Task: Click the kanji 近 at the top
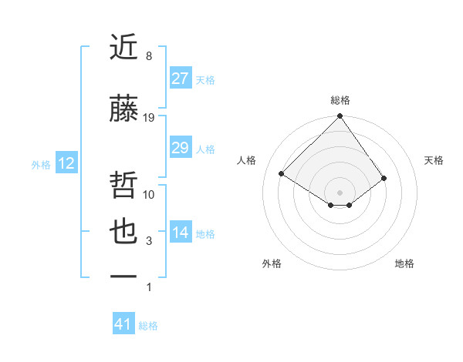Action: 123,47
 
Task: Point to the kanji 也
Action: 123,233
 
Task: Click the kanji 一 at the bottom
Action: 123,275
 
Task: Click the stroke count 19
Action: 150,117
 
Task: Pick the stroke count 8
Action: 149,56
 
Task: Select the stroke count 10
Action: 150,195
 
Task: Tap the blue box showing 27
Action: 180,79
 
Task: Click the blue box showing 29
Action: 180,148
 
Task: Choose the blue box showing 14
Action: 180,233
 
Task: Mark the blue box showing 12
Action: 66,163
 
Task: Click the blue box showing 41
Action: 123,324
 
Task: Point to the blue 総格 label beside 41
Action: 148,326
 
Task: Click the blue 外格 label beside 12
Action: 41,164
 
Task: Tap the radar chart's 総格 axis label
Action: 340,100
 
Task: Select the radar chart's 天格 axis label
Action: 434,160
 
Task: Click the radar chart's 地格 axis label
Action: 404,263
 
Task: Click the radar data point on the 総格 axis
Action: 340,116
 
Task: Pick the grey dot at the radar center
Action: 340,191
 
